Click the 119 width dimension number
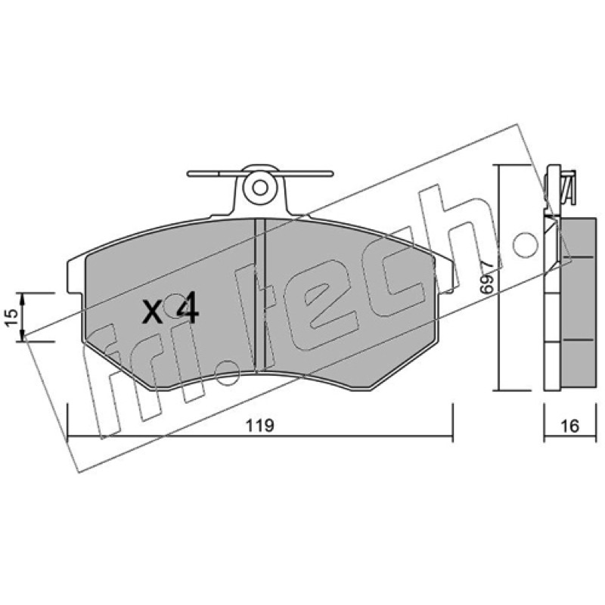point(260,426)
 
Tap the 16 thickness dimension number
point(570,426)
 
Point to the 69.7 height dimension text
point(488,276)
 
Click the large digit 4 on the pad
point(188,308)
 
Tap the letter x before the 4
point(152,312)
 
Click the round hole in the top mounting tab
point(260,188)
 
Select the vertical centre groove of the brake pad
point(260,293)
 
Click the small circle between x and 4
point(173,304)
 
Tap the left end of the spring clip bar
point(188,174)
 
